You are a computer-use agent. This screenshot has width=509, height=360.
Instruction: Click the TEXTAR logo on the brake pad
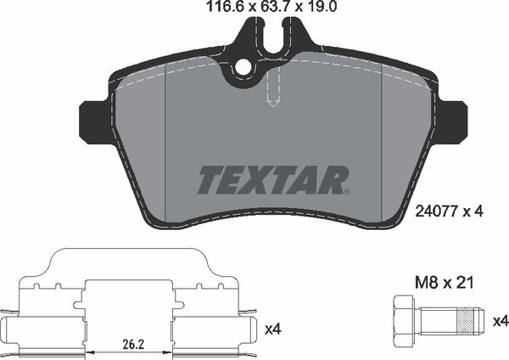coord(274,179)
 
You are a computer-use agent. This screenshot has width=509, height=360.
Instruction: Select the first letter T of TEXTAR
coord(211,179)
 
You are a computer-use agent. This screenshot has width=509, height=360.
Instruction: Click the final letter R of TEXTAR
coord(337,179)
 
